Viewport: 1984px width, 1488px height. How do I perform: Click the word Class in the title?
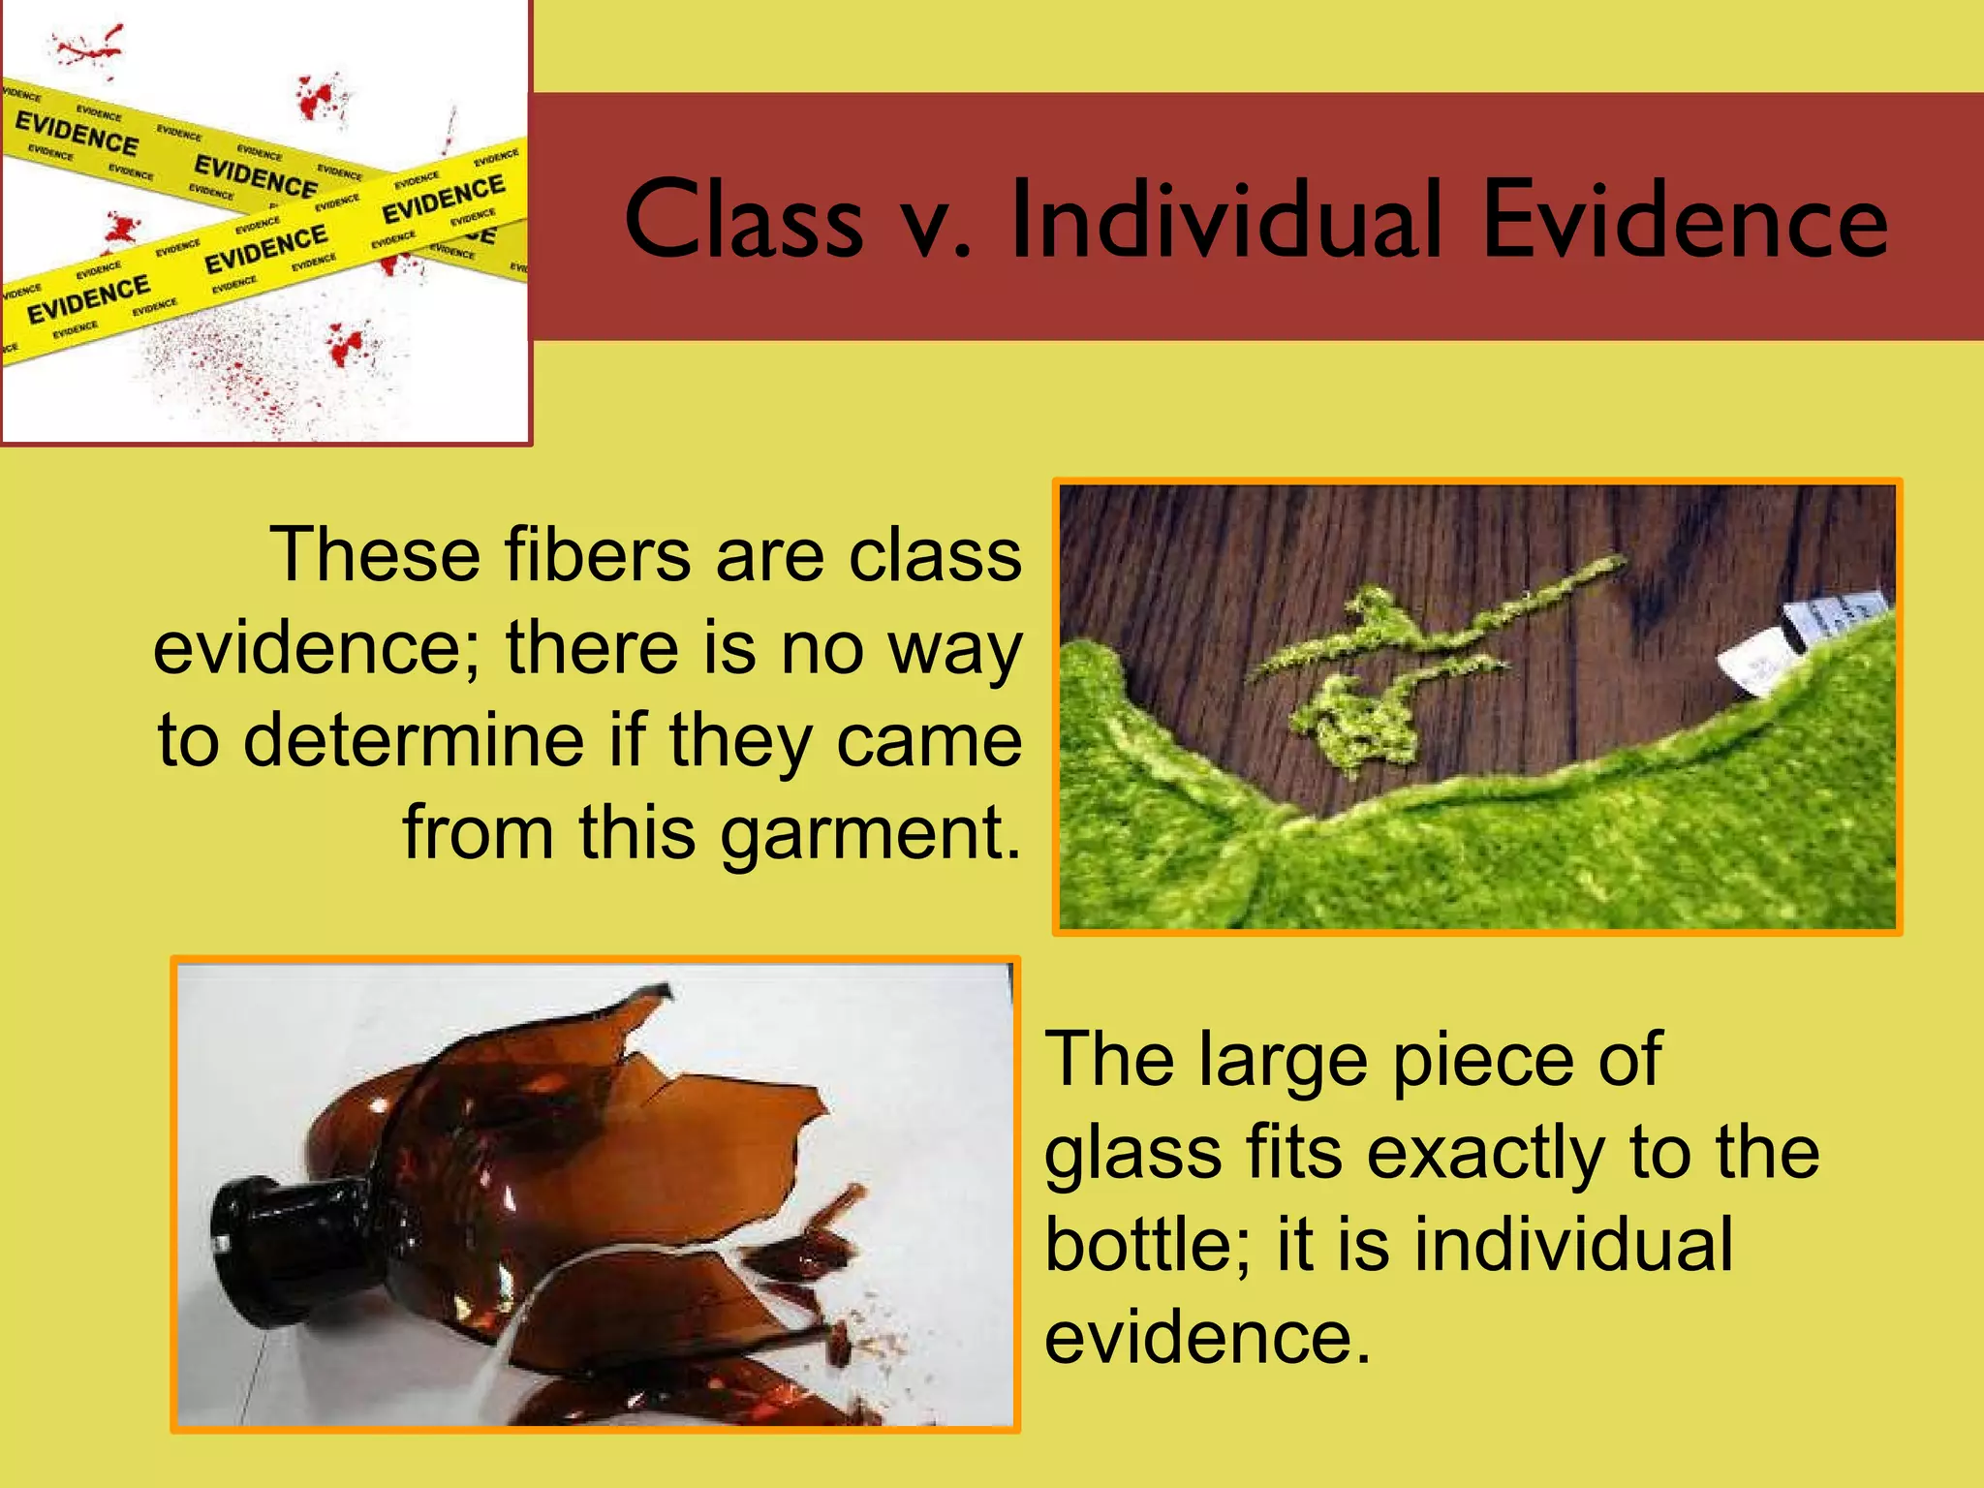coord(744,221)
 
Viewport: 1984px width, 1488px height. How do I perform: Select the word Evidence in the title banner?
coord(1686,221)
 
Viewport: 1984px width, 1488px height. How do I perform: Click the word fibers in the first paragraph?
coord(600,555)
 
